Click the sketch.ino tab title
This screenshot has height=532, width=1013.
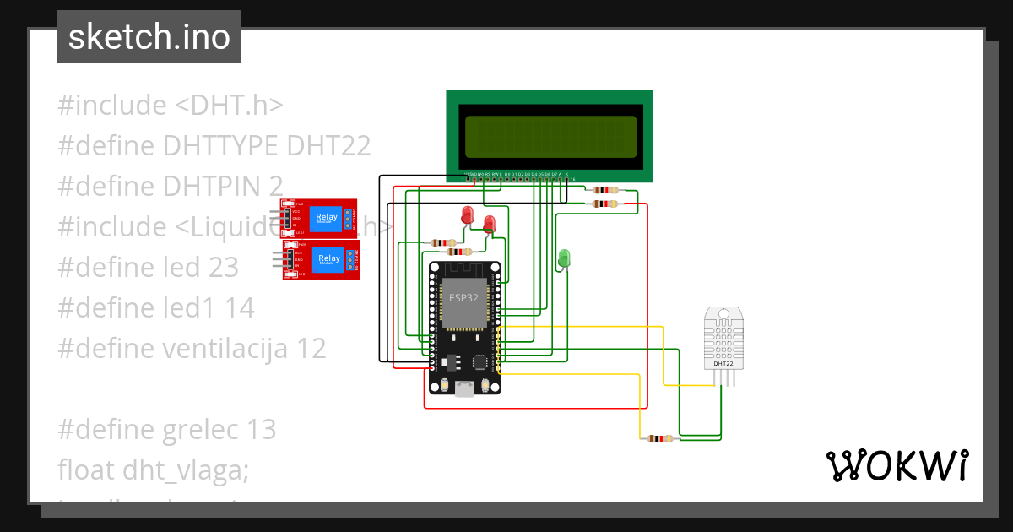pyautogui.click(x=149, y=37)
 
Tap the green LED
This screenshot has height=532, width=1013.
pyautogui.click(x=564, y=256)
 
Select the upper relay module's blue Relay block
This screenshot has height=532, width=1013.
pyautogui.click(x=326, y=218)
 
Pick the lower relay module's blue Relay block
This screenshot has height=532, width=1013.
pyautogui.click(x=329, y=258)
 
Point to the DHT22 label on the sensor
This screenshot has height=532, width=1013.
pyautogui.click(x=724, y=363)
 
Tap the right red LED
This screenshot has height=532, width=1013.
pyautogui.click(x=489, y=223)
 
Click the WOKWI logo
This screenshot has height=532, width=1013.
pyautogui.click(x=897, y=465)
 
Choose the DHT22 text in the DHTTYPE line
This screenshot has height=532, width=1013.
pyautogui.click(x=328, y=145)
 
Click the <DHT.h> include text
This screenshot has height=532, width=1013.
pyautogui.click(x=229, y=106)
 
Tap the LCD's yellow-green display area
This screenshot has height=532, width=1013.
pyautogui.click(x=550, y=137)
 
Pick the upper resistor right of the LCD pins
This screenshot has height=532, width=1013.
pyautogui.click(x=605, y=191)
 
